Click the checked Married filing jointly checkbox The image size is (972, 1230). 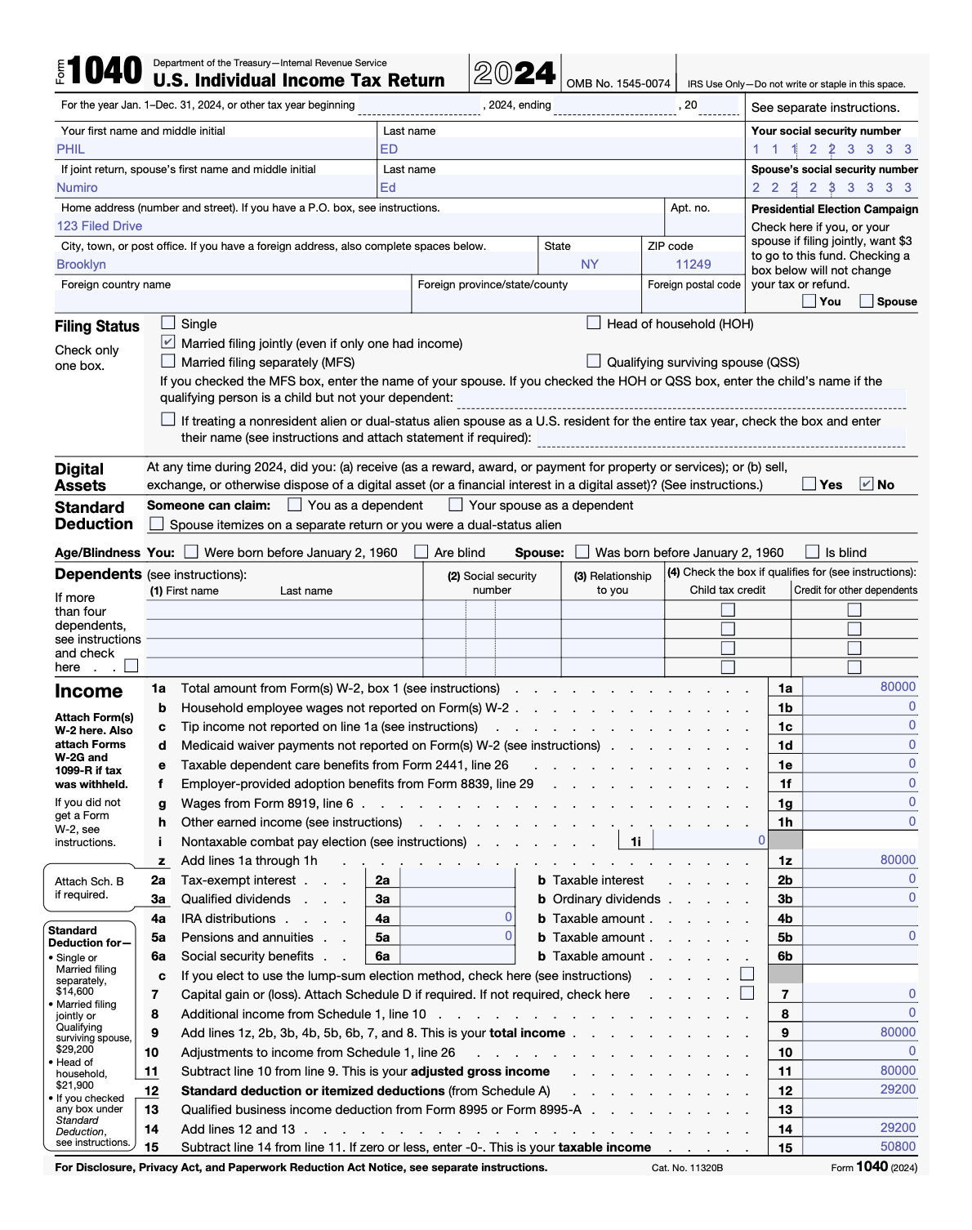168,342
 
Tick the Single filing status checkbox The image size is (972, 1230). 168,323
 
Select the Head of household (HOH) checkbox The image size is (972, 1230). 594,323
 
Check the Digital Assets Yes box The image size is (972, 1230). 809,484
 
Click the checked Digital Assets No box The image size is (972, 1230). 867,484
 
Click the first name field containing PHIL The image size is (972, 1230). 71,149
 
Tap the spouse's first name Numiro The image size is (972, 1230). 77,188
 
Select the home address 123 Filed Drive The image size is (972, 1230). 100,226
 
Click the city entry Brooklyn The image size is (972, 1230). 81,265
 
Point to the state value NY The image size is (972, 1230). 590,265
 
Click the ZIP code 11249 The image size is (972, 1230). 693,265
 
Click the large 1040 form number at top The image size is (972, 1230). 105,72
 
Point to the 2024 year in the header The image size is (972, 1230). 515,74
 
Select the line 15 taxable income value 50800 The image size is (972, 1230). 898,1147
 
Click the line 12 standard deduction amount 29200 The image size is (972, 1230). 898,1090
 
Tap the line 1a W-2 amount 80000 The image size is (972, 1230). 898,687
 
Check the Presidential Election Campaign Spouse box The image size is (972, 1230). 867,301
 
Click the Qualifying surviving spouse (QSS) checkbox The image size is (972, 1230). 594,361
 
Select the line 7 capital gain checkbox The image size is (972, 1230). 747,993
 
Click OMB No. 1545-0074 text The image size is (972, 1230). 618,83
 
